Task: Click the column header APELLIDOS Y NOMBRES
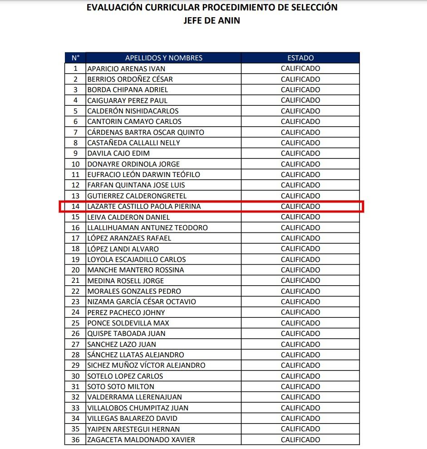(x=164, y=58)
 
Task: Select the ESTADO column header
(x=300, y=58)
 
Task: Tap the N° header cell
(x=75, y=58)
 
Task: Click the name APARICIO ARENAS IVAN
(x=126, y=69)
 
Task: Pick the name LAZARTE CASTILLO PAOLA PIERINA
(x=144, y=207)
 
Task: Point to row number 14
(x=75, y=207)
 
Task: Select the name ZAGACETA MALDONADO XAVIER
(x=141, y=440)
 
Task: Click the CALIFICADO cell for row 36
(x=300, y=440)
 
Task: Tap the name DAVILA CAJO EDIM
(x=118, y=153)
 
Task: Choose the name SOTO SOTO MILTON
(x=121, y=387)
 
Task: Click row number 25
(x=75, y=323)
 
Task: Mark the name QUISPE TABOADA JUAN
(x=126, y=334)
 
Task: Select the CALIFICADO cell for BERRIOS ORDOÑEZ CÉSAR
(x=300, y=79)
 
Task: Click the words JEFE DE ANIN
(x=212, y=20)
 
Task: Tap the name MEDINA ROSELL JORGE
(x=126, y=281)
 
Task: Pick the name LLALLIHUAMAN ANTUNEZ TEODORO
(x=147, y=227)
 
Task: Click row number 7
(x=75, y=132)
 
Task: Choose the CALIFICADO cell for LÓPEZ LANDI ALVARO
(x=300, y=249)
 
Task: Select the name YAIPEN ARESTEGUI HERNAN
(x=133, y=429)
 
